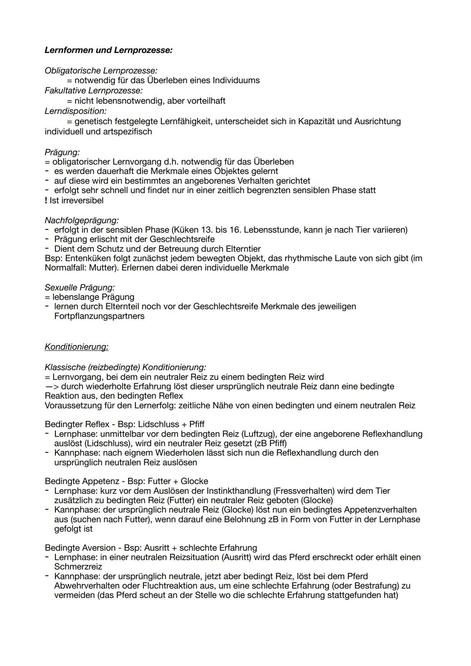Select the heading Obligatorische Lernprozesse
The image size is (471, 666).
click(101, 71)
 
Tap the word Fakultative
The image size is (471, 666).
click(65, 91)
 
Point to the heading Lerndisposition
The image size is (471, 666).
click(75, 111)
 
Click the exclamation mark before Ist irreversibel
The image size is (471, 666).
click(46, 201)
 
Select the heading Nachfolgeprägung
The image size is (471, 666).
click(82, 220)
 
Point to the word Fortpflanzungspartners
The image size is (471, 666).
click(99, 316)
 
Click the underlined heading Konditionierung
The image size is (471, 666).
click(76, 347)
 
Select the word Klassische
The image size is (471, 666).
click(65, 367)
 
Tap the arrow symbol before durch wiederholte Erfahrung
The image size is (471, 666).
click(51, 387)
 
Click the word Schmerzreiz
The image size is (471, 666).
click(78, 567)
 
